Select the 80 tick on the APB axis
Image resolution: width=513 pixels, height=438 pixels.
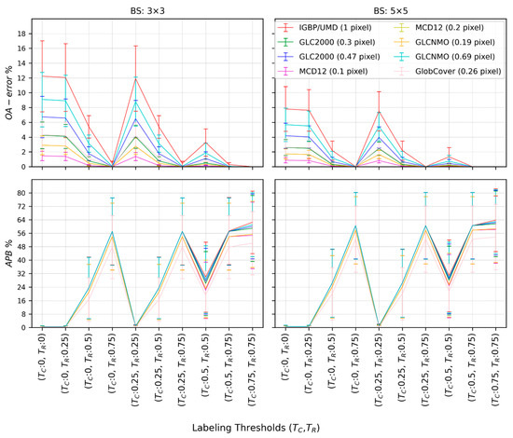[x=21, y=193]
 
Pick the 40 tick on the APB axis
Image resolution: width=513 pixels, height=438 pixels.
[x=21, y=260]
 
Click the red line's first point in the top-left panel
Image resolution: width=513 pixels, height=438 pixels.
[x=42, y=75]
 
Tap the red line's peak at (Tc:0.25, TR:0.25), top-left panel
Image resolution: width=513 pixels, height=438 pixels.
[x=135, y=78]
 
